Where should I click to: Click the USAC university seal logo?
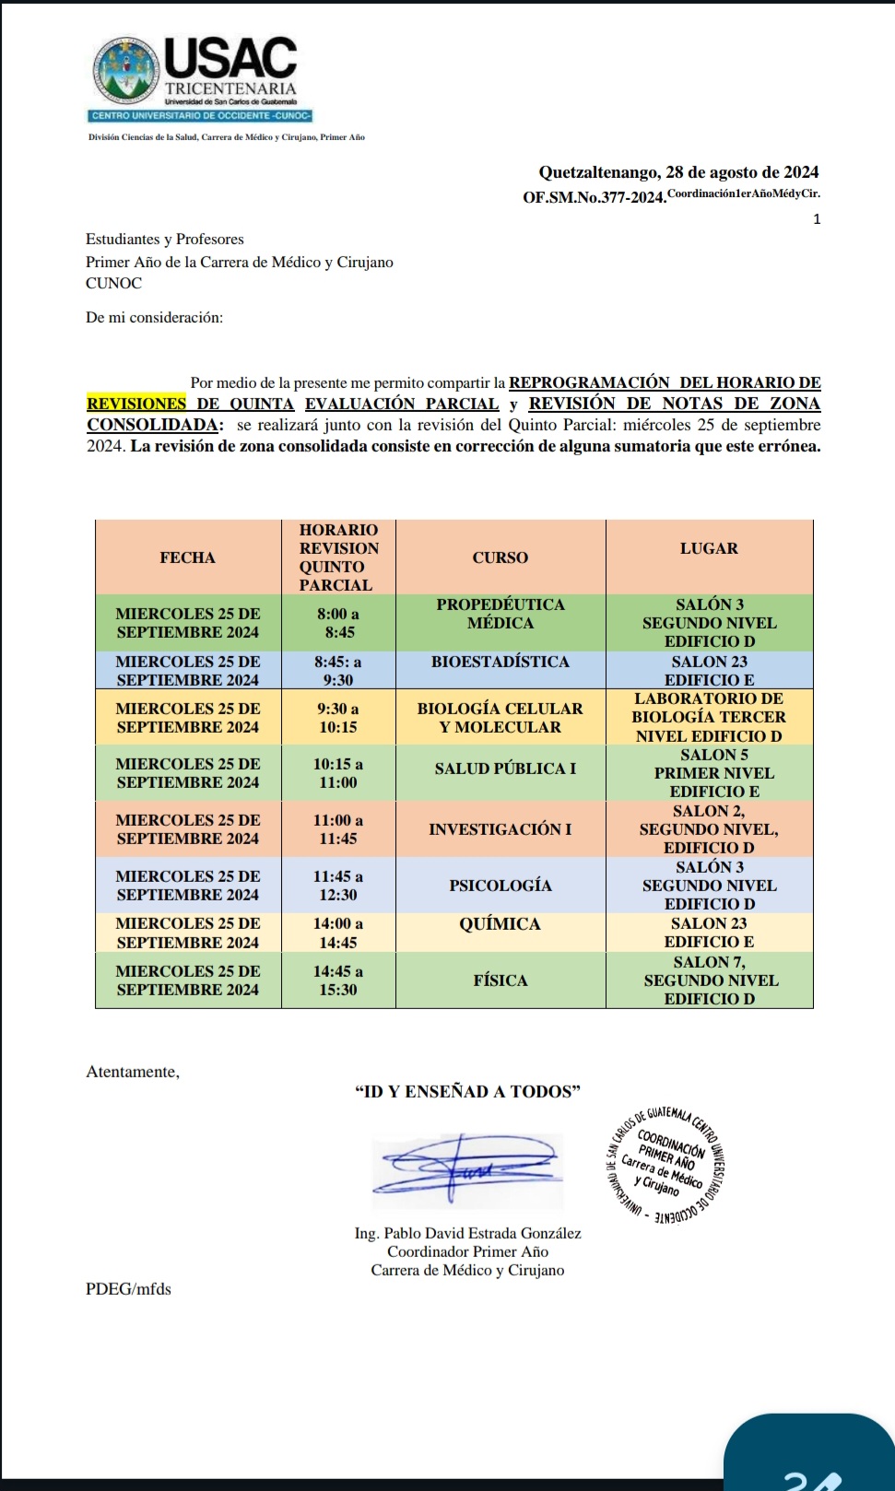click(127, 70)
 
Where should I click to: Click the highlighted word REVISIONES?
click(136, 404)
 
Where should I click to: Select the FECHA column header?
click(188, 558)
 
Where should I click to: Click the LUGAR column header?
click(709, 548)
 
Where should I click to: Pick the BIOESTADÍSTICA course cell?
click(500, 662)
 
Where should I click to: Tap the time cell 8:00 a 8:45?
click(338, 623)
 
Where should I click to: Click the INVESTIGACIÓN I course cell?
click(500, 829)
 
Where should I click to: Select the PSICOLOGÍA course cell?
click(500, 886)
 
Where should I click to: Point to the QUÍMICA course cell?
click(500, 924)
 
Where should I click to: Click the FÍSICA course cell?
click(500, 980)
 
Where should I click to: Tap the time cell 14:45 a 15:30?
click(338, 980)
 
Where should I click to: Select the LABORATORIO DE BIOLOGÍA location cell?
click(709, 717)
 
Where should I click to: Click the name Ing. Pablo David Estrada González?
click(467, 1233)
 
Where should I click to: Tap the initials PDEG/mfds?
click(128, 1289)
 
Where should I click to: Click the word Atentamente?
click(133, 1072)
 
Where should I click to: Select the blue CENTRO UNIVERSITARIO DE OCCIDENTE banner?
click(201, 116)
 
